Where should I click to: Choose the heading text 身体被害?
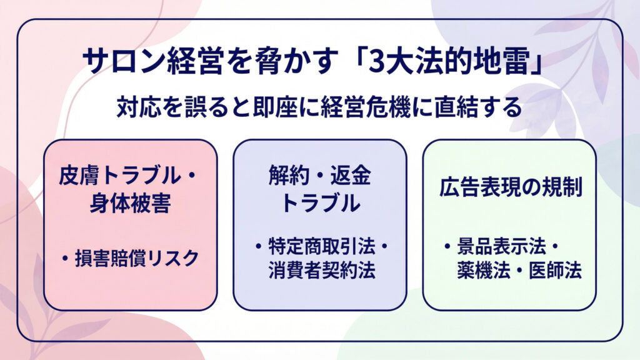pyautogui.click(x=130, y=204)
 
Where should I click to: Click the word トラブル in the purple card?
pyautogui.click(x=319, y=204)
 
